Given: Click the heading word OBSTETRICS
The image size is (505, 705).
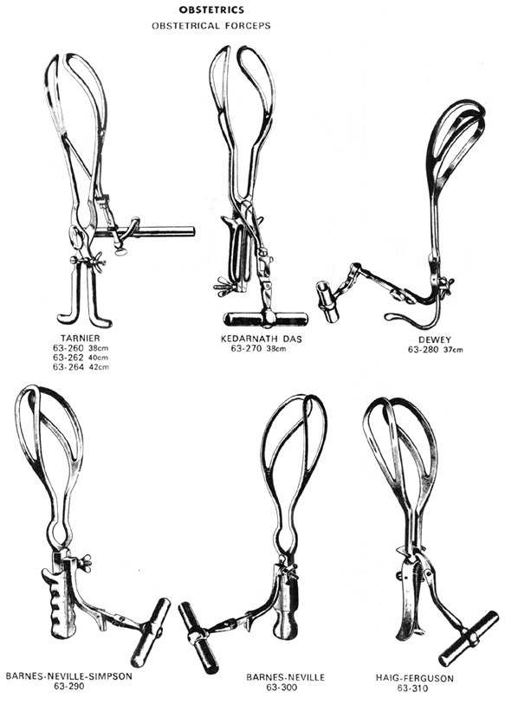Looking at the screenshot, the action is [x=211, y=10].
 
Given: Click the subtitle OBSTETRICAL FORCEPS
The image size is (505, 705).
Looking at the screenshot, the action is [x=210, y=26].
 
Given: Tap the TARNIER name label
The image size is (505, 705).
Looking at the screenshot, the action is [x=81, y=338].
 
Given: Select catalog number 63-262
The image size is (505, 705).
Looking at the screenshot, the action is [x=68, y=358].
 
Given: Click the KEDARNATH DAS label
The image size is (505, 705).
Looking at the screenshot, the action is [x=262, y=339].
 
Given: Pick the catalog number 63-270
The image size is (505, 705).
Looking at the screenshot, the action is [x=246, y=348].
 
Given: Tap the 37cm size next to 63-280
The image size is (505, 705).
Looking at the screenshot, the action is [x=453, y=350].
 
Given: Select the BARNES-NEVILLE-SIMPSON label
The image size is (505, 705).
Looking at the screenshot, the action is [x=69, y=676].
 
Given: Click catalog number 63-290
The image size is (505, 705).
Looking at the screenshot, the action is [x=68, y=686].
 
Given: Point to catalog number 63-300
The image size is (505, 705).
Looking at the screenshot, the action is [x=282, y=687].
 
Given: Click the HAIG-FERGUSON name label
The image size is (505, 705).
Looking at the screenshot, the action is [x=415, y=678].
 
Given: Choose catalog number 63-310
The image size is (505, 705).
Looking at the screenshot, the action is [x=413, y=688].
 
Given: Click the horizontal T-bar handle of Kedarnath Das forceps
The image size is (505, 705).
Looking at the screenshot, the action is [x=266, y=319].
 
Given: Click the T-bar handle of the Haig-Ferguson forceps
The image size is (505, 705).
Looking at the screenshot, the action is [x=469, y=638].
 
